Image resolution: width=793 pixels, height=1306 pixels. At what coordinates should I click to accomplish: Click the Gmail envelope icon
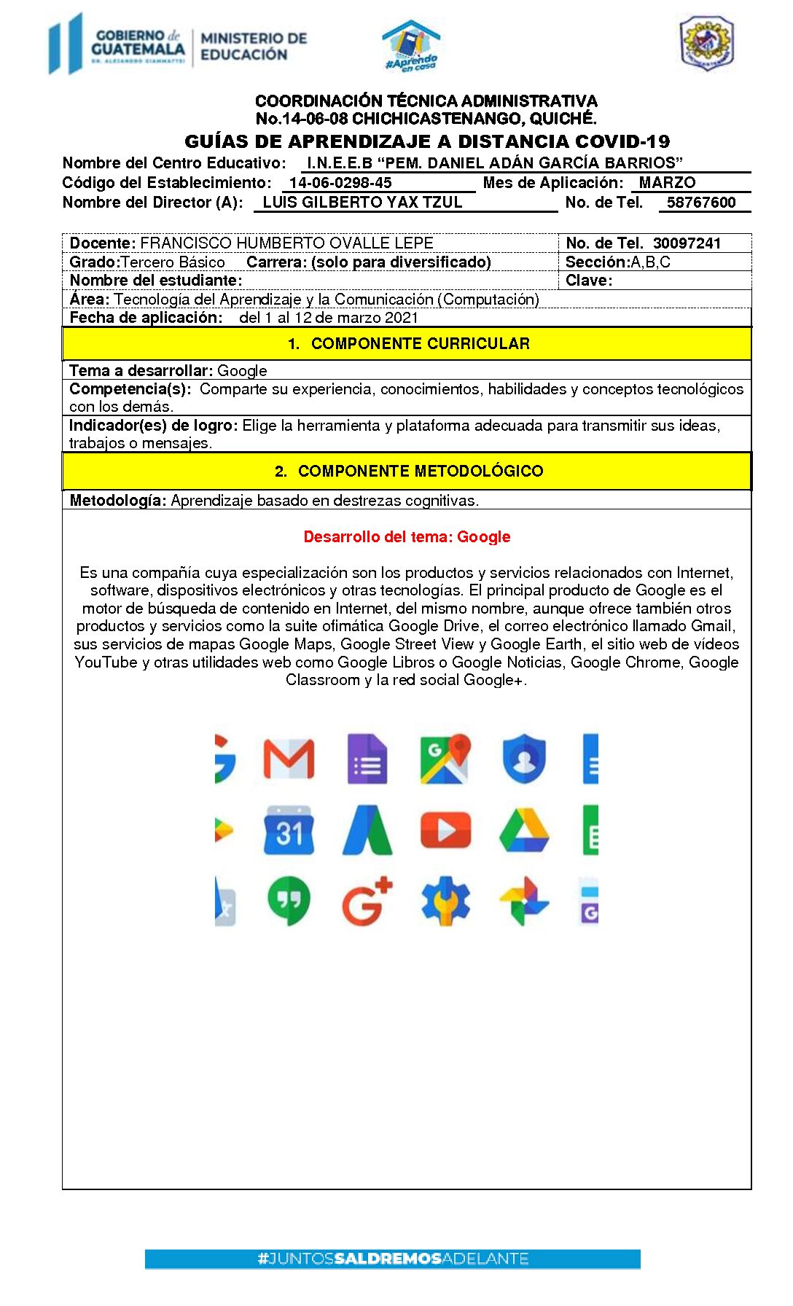pos(289,759)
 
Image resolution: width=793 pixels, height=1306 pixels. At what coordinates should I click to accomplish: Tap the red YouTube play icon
pos(445,830)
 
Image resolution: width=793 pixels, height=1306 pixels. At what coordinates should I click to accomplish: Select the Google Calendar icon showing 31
pos(289,830)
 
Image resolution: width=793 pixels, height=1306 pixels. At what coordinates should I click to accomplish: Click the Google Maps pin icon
pos(445,759)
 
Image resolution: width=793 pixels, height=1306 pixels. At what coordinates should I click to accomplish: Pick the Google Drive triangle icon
pos(524,830)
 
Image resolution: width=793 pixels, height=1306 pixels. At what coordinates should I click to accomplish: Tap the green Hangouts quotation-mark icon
pos(289,901)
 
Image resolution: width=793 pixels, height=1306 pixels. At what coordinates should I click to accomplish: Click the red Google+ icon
pos(367,901)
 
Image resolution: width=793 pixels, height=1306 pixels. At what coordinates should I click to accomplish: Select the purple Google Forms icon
pos(367,759)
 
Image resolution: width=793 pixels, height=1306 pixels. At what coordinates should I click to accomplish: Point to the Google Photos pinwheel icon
pos(524,901)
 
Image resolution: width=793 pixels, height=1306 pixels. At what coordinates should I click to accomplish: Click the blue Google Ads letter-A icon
pos(367,830)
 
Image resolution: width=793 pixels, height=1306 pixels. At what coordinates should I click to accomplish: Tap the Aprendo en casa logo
pos(411,45)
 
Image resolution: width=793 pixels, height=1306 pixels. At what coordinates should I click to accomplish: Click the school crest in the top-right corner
pos(706,44)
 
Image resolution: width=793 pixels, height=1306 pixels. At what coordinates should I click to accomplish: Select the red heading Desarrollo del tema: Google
pos(407,537)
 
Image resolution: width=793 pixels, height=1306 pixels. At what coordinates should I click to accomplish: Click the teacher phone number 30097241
pos(687,243)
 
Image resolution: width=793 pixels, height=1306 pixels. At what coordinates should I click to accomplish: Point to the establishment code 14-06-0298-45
pos(340,183)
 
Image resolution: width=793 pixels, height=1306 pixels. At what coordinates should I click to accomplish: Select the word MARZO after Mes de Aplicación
pos(667,183)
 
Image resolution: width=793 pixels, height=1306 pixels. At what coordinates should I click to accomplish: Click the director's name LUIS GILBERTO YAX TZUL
pos(362,203)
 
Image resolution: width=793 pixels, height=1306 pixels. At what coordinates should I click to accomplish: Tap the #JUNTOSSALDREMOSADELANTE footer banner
pos(392,1259)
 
